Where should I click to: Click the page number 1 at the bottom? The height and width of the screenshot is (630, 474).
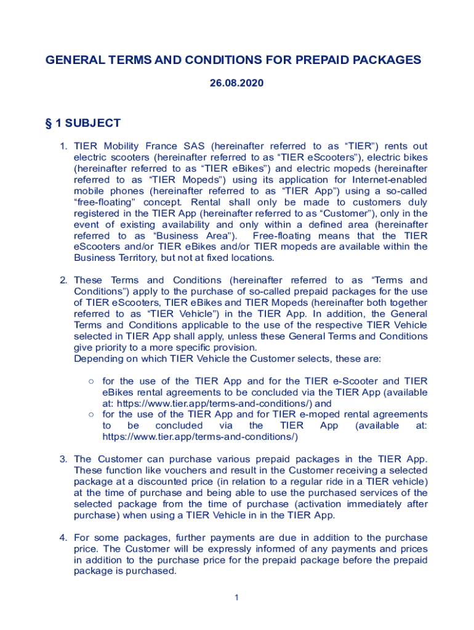(236, 597)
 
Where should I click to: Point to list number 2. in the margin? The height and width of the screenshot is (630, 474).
(63, 281)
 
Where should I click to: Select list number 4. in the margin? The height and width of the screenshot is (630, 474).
(63, 538)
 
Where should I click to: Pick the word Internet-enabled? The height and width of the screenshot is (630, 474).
(388, 180)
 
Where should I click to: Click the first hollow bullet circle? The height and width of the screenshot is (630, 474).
(90, 381)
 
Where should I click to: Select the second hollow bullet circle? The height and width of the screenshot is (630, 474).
(90, 415)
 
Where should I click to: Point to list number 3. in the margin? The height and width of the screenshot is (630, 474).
(63, 459)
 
